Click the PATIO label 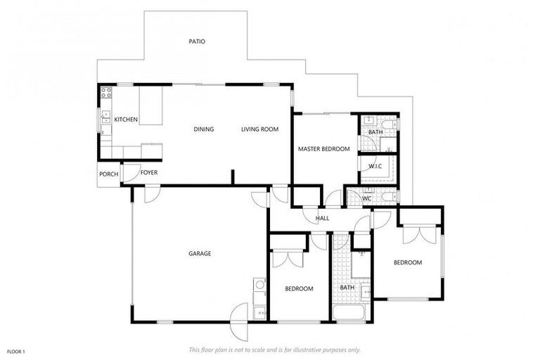point(197,41)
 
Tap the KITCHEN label point(126,120)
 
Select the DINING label point(203,129)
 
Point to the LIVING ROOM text point(259,129)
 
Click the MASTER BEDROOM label point(323,149)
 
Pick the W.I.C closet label point(375,167)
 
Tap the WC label point(366,198)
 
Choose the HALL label point(322,218)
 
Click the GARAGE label point(200,254)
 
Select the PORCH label point(108,174)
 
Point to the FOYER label point(149,172)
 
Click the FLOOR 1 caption point(16,352)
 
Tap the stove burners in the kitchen point(106,92)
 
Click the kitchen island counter point(150,105)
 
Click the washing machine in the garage point(259,284)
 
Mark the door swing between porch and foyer point(130,173)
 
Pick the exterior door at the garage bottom point(239,321)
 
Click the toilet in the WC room point(390,197)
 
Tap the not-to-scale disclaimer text point(275,350)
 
